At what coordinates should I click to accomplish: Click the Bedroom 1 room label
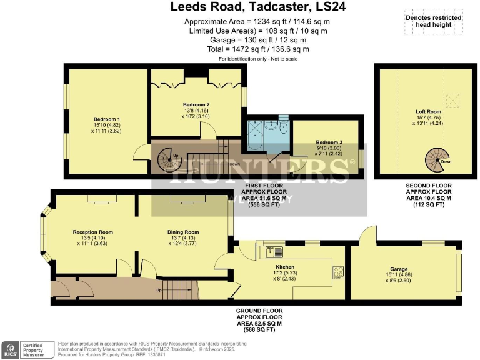coord(107,119)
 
